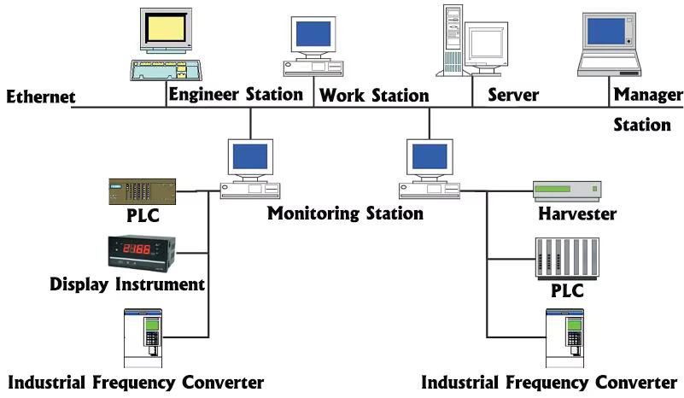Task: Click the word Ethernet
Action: coord(39,97)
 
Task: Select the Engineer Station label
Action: coord(236,93)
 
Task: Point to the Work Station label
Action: coord(374,96)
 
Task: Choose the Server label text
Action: coord(512,94)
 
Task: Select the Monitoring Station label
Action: coord(345,213)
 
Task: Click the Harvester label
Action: coord(576,214)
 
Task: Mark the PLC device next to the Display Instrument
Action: coord(142,190)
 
